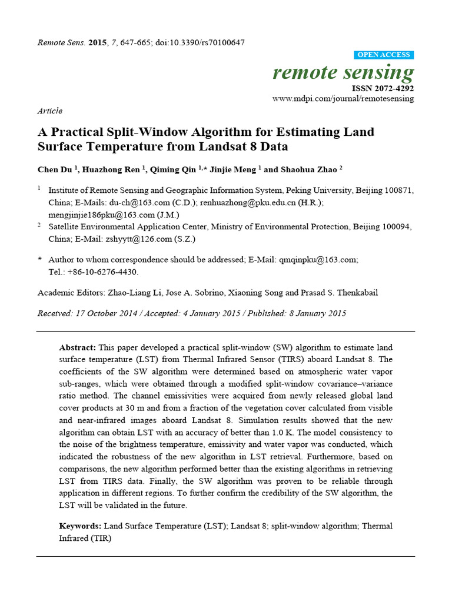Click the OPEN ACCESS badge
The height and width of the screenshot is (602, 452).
384,55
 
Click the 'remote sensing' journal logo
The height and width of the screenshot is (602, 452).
343,72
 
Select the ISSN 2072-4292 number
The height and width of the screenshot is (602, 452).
383,88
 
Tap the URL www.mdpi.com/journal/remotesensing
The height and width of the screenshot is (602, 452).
343,99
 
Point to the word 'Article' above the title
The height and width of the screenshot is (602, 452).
49,111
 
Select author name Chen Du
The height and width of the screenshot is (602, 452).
55,169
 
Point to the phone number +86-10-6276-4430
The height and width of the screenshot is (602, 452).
104,272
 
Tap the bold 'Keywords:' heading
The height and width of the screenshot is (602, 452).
80,526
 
